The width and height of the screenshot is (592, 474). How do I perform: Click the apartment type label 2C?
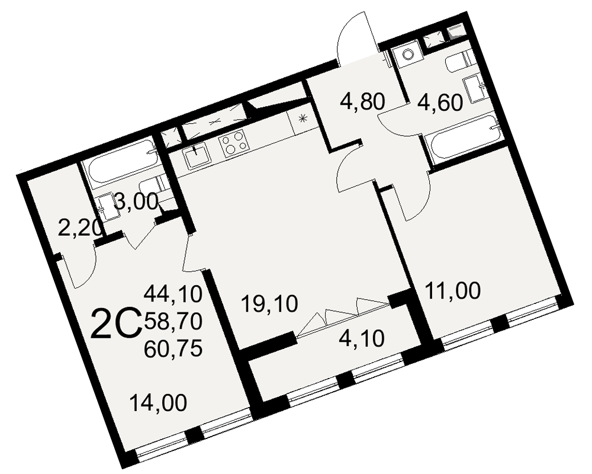click(x=116, y=324)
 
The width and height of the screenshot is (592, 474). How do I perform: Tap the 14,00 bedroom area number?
click(x=158, y=402)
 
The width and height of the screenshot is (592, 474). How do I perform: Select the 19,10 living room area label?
click(x=269, y=305)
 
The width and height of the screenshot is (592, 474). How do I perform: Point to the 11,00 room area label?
click(x=453, y=291)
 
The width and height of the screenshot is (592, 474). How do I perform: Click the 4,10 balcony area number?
click(x=362, y=338)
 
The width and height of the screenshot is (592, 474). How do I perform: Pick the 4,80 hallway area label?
click(x=362, y=102)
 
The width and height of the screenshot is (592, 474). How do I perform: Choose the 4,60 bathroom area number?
click(x=440, y=103)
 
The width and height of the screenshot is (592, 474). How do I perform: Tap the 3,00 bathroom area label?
click(x=136, y=202)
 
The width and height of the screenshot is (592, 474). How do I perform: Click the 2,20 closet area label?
click(x=80, y=228)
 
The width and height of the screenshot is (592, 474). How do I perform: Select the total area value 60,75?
click(x=173, y=348)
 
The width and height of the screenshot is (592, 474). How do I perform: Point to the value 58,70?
click(x=173, y=322)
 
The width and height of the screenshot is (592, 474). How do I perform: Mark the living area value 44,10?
click(x=173, y=294)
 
